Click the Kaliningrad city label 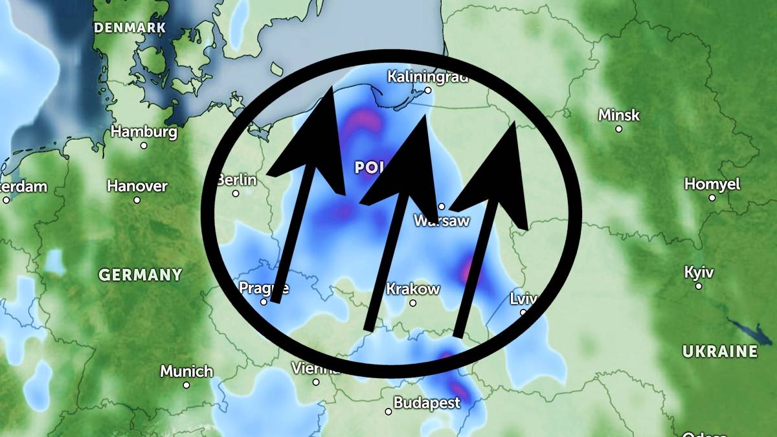(427, 76)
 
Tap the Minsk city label (618, 115)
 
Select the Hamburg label (144, 131)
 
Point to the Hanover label (137, 186)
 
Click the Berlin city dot (236, 193)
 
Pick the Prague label (264, 287)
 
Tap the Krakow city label (413, 289)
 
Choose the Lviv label (523, 298)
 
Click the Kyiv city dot (699, 286)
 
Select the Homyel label (712, 184)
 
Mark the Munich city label (186, 371)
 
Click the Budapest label (426, 402)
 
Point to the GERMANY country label (140, 275)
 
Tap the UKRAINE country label (719, 352)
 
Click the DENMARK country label (129, 28)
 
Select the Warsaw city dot (442, 207)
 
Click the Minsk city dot (618, 129)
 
